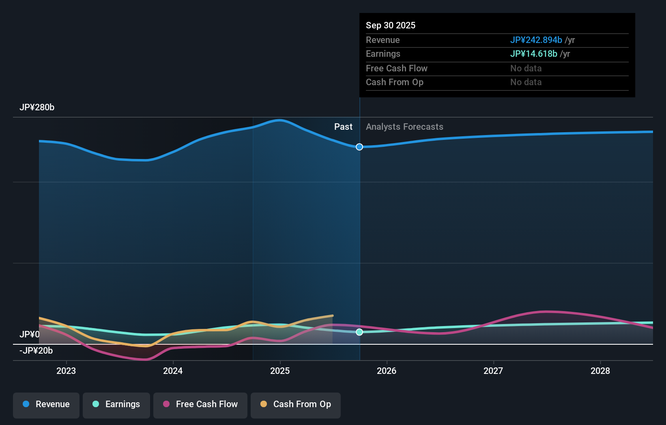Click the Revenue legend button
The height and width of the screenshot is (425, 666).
(x=46, y=404)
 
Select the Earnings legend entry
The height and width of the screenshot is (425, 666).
(x=116, y=404)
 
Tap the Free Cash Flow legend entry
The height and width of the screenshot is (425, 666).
(x=200, y=404)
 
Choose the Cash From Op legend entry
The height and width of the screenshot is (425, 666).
(x=296, y=404)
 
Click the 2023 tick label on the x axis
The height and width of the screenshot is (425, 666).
(x=66, y=371)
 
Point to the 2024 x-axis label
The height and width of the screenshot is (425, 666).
(x=173, y=371)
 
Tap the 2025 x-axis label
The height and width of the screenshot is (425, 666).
(x=280, y=371)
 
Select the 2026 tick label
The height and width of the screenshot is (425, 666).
(x=387, y=371)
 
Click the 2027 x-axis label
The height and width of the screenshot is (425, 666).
(x=493, y=371)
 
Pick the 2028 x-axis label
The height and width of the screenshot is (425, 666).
(x=600, y=371)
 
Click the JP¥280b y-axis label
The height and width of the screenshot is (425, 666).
(x=37, y=107)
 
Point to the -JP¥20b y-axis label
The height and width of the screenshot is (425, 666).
(x=36, y=351)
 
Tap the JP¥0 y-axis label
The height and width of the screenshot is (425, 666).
(x=30, y=335)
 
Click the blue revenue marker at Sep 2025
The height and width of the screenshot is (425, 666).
(x=359, y=147)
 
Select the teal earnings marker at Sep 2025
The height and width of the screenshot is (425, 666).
(x=359, y=332)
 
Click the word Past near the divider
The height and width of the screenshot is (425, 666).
(x=343, y=127)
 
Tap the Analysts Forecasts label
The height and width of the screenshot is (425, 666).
(x=404, y=127)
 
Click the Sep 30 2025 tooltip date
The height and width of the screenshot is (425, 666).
(x=391, y=26)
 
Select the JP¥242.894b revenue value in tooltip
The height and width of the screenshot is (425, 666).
(x=536, y=40)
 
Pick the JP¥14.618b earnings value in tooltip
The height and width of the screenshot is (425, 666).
(x=533, y=54)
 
